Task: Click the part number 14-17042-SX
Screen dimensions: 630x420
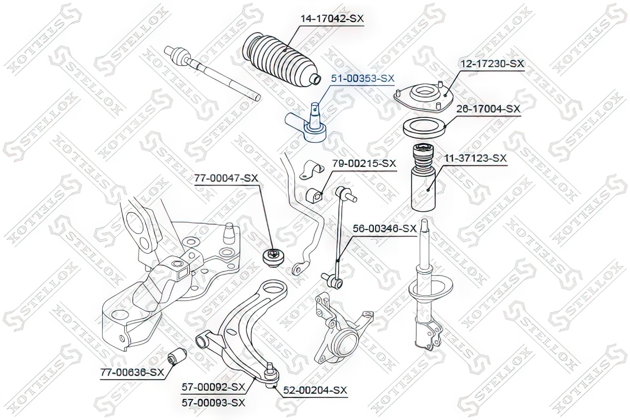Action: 332,19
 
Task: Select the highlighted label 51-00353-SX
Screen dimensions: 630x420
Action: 363,78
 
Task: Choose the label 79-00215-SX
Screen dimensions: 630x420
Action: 364,163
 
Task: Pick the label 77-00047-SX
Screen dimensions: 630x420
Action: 226,178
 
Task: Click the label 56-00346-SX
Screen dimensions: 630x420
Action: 384,229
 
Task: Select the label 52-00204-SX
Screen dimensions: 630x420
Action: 315,390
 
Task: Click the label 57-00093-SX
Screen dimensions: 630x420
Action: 214,403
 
